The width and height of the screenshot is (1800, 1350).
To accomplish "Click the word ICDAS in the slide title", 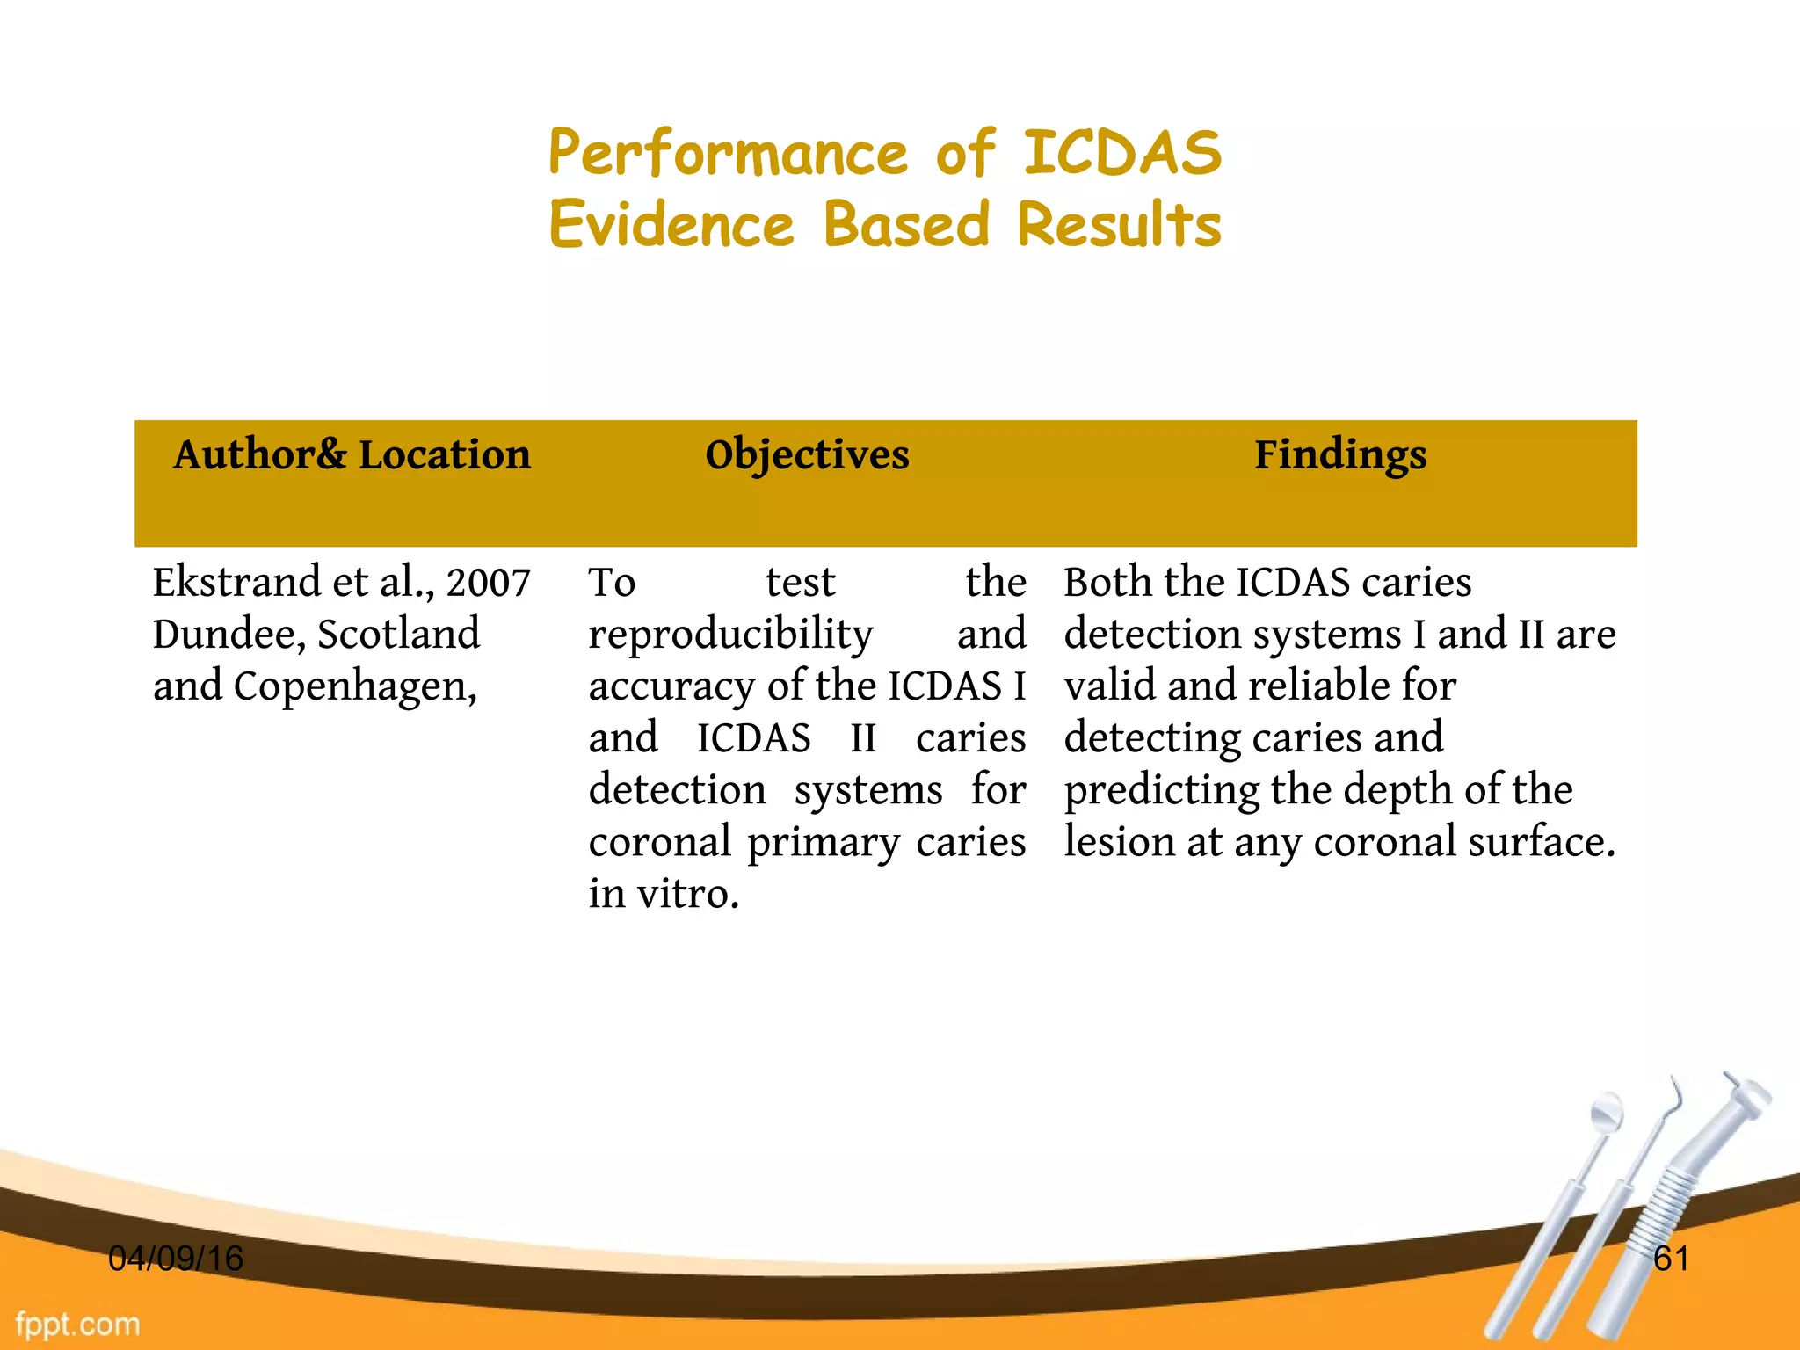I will point(1122,153).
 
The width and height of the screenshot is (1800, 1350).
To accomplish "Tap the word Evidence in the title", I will point(671,225).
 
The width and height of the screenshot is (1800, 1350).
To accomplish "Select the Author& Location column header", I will point(352,455).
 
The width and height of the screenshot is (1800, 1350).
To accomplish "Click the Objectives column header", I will point(807,455).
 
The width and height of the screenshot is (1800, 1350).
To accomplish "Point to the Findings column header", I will point(1339,455).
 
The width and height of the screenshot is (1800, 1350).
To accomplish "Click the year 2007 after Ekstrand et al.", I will point(488,583).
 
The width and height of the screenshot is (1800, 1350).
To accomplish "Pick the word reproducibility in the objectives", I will point(730,635).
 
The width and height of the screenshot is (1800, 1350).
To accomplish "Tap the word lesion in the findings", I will point(1118,842).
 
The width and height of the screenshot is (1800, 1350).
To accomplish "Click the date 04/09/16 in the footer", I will point(175,1259).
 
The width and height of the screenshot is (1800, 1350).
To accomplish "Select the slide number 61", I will point(1671,1259).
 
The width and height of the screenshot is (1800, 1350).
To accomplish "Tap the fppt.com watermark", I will point(77,1324).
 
